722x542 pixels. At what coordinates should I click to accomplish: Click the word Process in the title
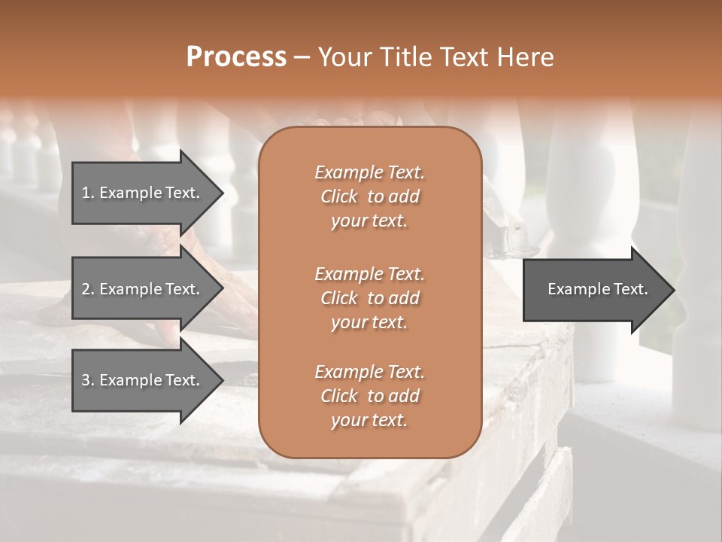point(236,57)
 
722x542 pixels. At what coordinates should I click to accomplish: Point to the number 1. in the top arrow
point(88,193)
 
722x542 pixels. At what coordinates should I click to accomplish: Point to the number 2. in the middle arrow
point(88,289)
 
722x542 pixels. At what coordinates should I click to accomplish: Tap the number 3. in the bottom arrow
point(88,380)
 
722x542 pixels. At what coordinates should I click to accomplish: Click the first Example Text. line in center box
point(369,172)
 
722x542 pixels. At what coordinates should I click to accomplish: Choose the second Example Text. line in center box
point(369,273)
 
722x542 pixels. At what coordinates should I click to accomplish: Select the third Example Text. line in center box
point(369,372)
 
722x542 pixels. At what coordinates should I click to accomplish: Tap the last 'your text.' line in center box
point(369,421)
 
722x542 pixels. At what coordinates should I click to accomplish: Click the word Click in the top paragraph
point(339,196)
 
